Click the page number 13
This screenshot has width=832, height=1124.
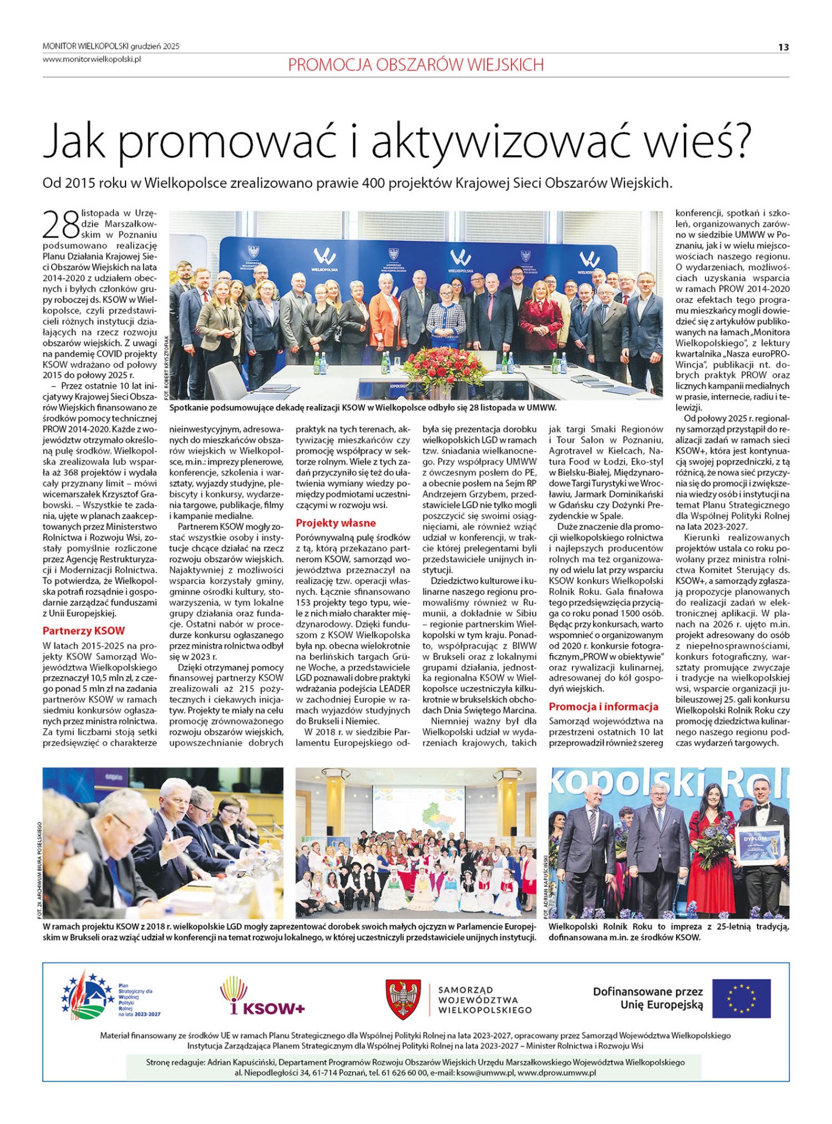[783, 47]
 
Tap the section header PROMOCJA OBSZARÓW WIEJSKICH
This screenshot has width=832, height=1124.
[415, 65]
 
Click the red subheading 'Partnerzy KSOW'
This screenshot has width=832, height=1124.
[84, 630]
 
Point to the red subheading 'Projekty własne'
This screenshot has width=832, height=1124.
[336, 523]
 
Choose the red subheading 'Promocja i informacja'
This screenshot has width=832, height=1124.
[603, 707]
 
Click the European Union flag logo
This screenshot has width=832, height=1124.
[741, 999]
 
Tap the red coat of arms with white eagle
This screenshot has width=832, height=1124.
[403, 999]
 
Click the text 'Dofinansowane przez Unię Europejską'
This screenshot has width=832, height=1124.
[647, 998]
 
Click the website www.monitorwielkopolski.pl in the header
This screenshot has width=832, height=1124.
[92, 59]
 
